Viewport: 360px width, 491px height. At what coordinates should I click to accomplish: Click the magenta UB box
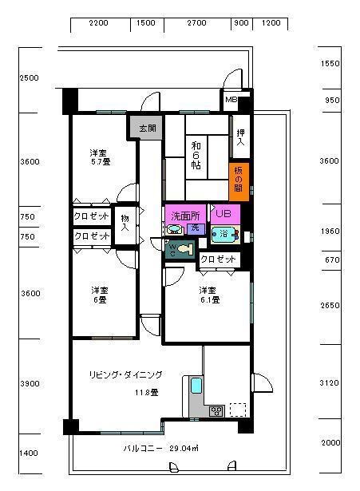[x=224, y=213]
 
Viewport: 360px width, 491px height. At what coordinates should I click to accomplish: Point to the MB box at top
[x=231, y=100]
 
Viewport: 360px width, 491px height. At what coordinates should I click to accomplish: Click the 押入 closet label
[x=239, y=137]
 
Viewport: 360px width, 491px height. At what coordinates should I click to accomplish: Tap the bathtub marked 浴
[x=224, y=234]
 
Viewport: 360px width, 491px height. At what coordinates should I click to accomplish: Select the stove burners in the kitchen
[x=215, y=411]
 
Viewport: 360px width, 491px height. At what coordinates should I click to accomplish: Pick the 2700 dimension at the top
[x=196, y=24]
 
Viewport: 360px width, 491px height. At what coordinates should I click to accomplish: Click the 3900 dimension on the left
[x=30, y=384]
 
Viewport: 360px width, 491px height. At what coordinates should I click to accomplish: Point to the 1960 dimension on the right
[x=330, y=232]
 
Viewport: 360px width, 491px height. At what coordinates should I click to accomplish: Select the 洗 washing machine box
[x=193, y=228]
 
